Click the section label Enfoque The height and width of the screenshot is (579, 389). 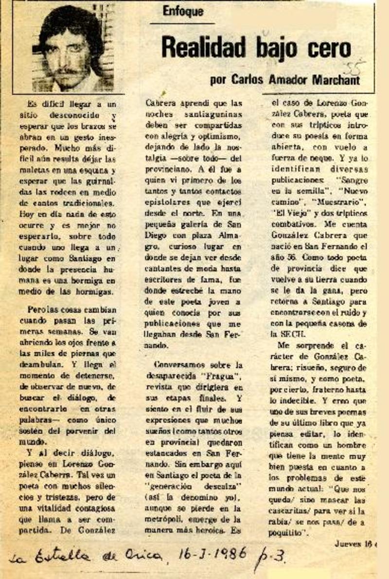pyautogui.click(x=183, y=12)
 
